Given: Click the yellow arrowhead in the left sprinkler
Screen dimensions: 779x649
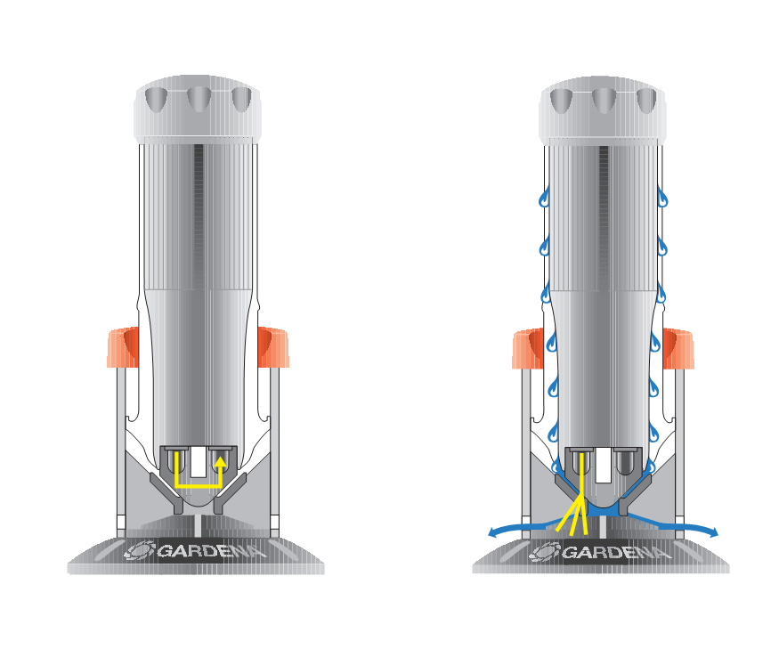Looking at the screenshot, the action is (x=220, y=463).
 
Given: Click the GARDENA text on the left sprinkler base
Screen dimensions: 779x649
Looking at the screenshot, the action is (x=212, y=551).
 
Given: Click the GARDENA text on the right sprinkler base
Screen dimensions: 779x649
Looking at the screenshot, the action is (x=617, y=552).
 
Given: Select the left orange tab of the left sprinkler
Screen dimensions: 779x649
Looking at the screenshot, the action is (x=123, y=347).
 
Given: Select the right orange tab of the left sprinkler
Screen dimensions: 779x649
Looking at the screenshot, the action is (x=273, y=347).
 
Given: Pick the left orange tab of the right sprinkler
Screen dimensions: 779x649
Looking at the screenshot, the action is (x=528, y=348).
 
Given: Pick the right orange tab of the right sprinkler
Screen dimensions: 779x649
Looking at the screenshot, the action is (x=678, y=348).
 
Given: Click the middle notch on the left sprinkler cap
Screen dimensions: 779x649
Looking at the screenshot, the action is (x=199, y=99).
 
